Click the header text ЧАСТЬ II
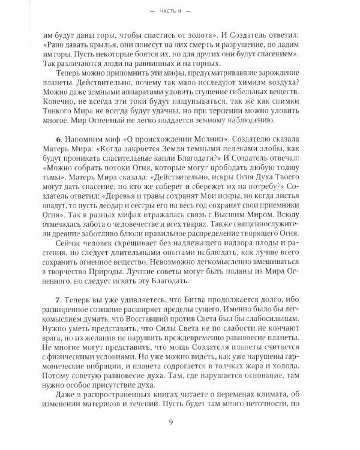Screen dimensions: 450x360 tap(179, 11)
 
